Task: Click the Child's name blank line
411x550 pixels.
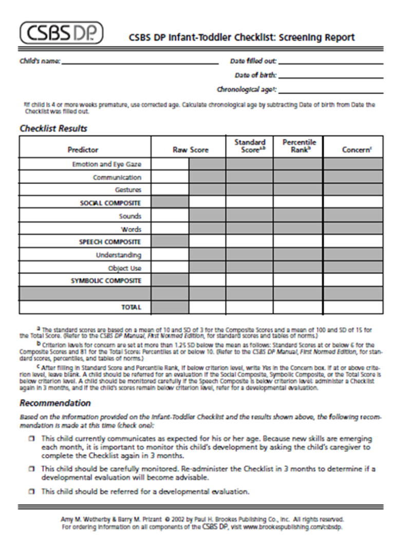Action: point(140,63)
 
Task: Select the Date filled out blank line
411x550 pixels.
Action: point(330,63)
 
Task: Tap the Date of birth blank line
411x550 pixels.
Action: point(330,77)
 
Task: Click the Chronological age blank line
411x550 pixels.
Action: point(330,91)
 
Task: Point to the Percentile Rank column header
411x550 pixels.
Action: point(299,146)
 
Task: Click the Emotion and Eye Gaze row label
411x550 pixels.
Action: point(106,164)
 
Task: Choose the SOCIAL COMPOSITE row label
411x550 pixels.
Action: point(110,203)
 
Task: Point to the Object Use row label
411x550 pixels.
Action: point(124,268)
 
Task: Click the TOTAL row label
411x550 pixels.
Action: point(130,307)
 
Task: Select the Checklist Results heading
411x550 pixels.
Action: point(53,129)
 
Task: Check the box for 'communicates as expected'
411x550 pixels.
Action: point(32,439)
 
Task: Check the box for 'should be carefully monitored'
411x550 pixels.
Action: point(32,469)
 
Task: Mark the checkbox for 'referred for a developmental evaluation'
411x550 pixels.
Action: point(32,491)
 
